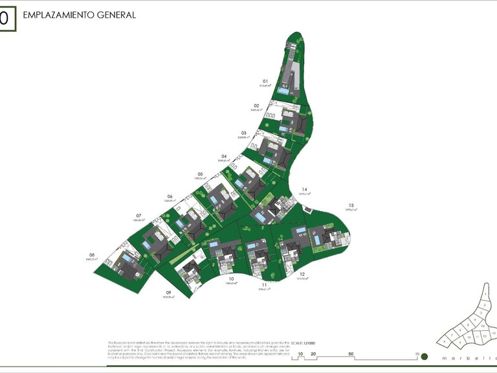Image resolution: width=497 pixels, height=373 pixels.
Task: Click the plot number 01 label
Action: tap(265, 82)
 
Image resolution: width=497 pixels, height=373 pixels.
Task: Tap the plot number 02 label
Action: tap(256, 106)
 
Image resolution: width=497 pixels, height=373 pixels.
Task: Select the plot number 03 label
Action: tap(243, 133)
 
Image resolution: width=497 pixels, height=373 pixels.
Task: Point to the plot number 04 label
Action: tap(224, 156)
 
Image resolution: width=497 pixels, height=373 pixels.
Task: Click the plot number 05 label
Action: tap(201, 174)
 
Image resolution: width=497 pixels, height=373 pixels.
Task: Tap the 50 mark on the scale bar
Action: tap(351, 354)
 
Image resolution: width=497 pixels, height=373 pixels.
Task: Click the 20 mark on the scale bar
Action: tap(313, 354)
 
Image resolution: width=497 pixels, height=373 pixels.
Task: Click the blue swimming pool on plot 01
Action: tap(284, 92)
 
